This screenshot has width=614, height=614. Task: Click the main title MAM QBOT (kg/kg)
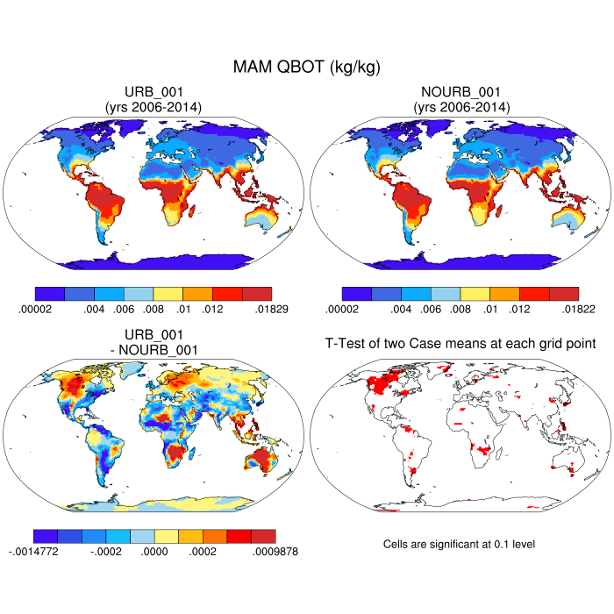click(x=306, y=67)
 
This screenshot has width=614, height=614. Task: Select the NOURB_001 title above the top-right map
click(x=460, y=93)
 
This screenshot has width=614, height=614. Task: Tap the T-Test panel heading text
click(x=460, y=345)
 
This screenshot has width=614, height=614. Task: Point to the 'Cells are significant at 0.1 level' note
click(x=459, y=544)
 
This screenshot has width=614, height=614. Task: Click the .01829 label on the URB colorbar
click(x=271, y=309)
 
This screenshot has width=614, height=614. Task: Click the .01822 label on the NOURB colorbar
click(x=579, y=309)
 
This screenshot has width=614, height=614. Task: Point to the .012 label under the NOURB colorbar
click(x=519, y=309)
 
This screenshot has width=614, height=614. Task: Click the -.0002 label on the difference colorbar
click(x=106, y=552)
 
